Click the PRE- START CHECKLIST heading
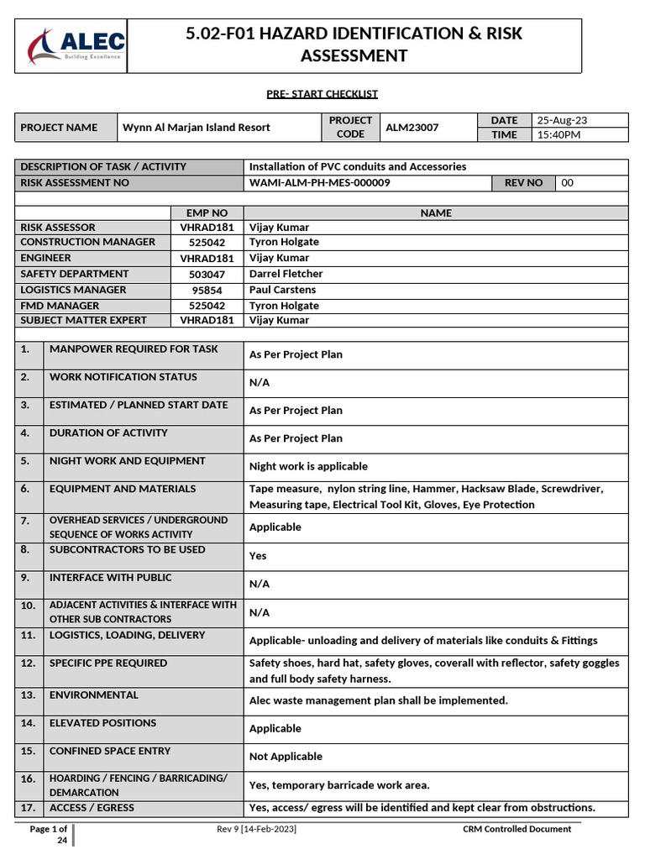pyautogui.click(x=322, y=94)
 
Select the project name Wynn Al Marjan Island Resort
pyautogui.click(x=197, y=128)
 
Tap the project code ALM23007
pyautogui.click(x=411, y=128)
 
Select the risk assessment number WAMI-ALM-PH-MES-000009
pyautogui.click(x=319, y=182)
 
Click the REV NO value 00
pyautogui.click(x=568, y=182)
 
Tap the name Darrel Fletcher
pyautogui.click(x=286, y=274)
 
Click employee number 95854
pyautogui.click(x=207, y=290)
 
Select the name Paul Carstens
pyautogui.click(x=282, y=290)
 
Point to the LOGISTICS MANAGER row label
pyautogui.click(x=73, y=290)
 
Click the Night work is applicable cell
pyautogui.click(x=308, y=466)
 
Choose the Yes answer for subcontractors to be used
pyautogui.click(x=258, y=556)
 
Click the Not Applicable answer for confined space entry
pyautogui.click(x=286, y=757)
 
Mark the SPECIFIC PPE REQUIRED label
pyautogui.click(x=108, y=663)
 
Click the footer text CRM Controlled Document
pyautogui.click(x=517, y=829)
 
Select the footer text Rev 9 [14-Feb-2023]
pyautogui.click(x=256, y=829)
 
